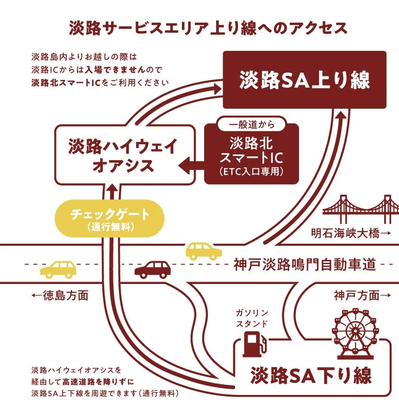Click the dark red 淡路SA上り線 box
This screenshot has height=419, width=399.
(305, 80)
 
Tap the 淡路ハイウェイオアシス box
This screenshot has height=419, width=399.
(123, 155)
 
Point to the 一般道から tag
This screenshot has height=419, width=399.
(251, 124)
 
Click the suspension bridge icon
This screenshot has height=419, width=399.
(360, 206)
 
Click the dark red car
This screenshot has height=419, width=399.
(152, 269)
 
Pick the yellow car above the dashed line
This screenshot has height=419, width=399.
(204, 251)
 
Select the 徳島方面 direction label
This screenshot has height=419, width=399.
(60, 296)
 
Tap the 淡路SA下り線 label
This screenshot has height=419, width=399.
(311, 376)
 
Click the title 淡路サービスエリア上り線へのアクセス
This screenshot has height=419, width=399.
(208, 28)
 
